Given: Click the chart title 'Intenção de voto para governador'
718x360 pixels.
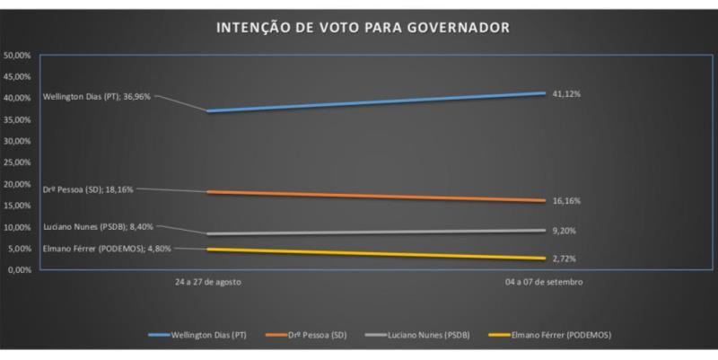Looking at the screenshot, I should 363,28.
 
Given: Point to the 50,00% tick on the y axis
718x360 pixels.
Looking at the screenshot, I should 18,55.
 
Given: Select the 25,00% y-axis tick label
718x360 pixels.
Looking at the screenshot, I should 18,162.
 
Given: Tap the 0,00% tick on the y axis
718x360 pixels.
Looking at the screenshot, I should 20,269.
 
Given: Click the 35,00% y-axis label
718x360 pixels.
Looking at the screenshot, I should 18,119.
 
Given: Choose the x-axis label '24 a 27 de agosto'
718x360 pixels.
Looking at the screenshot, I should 208,282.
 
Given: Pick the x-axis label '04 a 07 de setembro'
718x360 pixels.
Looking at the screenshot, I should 545,282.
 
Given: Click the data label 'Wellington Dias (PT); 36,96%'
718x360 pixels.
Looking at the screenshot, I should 94,96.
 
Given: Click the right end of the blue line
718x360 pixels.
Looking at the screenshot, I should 545,93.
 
